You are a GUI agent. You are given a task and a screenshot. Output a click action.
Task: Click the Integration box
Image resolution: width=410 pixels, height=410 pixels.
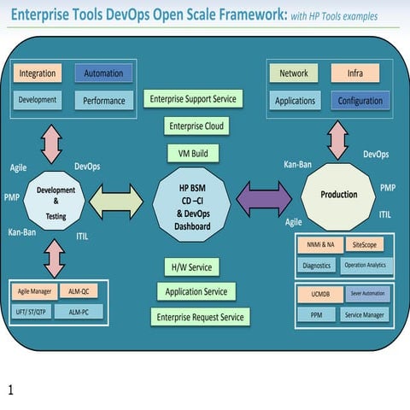[38, 74]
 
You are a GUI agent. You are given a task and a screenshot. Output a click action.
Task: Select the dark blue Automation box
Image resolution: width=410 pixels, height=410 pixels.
[102, 74]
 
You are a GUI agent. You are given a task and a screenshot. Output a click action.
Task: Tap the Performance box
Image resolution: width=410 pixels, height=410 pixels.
[103, 101]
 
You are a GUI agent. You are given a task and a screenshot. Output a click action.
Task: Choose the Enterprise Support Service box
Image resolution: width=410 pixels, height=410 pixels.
[193, 99]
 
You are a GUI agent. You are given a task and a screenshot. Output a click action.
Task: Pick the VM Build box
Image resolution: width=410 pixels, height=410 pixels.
[193, 154]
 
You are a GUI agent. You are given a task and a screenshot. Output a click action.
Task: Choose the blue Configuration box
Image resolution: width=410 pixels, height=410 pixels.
[359, 101]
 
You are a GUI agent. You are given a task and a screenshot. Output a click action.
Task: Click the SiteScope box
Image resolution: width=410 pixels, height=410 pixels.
[366, 245]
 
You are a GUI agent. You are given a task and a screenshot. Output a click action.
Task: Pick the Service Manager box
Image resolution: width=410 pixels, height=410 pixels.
[365, 314]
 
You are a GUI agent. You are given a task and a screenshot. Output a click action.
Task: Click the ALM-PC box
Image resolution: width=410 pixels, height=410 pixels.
[78, 312]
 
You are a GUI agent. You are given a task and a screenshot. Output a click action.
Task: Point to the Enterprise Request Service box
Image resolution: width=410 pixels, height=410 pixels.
[200, 317]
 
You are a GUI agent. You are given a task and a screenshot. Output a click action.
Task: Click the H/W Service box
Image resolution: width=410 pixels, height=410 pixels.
[192, 266]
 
